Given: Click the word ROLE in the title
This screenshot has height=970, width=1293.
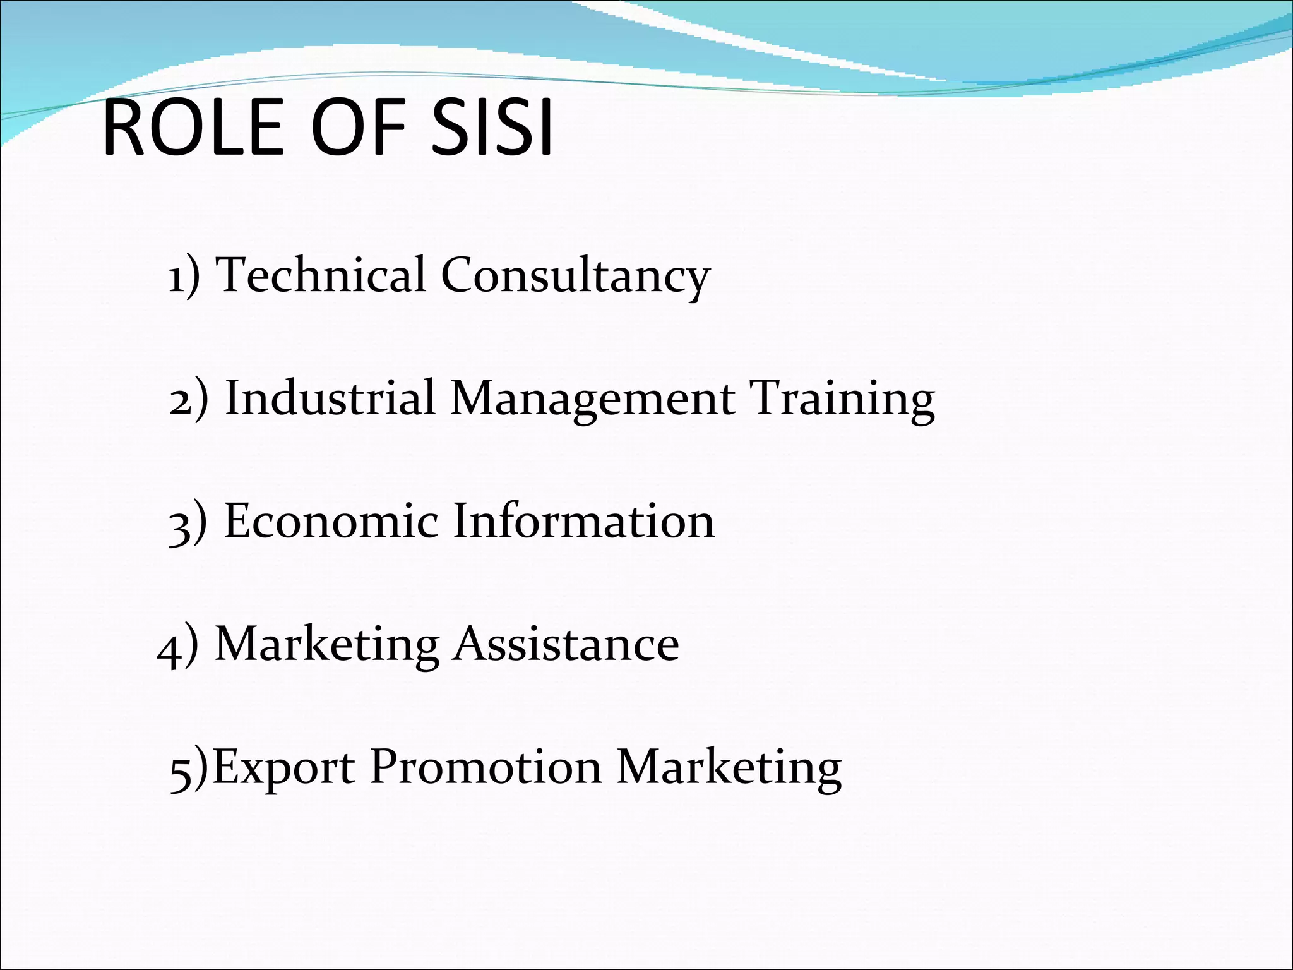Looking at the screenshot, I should pos(193,128).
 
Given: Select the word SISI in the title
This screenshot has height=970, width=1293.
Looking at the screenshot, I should pos(492,128).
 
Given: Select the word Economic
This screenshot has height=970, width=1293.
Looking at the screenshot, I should pos(331,521).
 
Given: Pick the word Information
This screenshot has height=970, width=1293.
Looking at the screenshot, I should pos(583,521).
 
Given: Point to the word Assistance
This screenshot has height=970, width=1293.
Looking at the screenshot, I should pos(566,644).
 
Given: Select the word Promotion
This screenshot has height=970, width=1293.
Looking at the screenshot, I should pos(486,767).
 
